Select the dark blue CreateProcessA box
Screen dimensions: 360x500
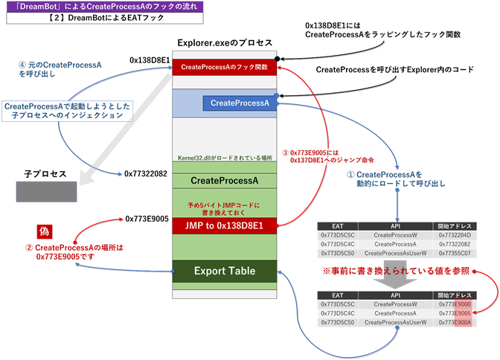pos(240,103)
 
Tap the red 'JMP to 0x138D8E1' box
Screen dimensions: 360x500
pos(225,225)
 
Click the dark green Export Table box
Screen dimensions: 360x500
pos(225,271)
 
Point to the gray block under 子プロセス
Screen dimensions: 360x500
pos(43,192)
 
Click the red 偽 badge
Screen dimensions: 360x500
pos(43,231)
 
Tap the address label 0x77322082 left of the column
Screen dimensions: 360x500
pos(146,173)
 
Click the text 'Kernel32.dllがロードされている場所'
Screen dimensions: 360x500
pos(225,158)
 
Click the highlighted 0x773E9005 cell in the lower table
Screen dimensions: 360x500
pos(454,313)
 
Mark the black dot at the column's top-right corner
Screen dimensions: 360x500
pos(277,59)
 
